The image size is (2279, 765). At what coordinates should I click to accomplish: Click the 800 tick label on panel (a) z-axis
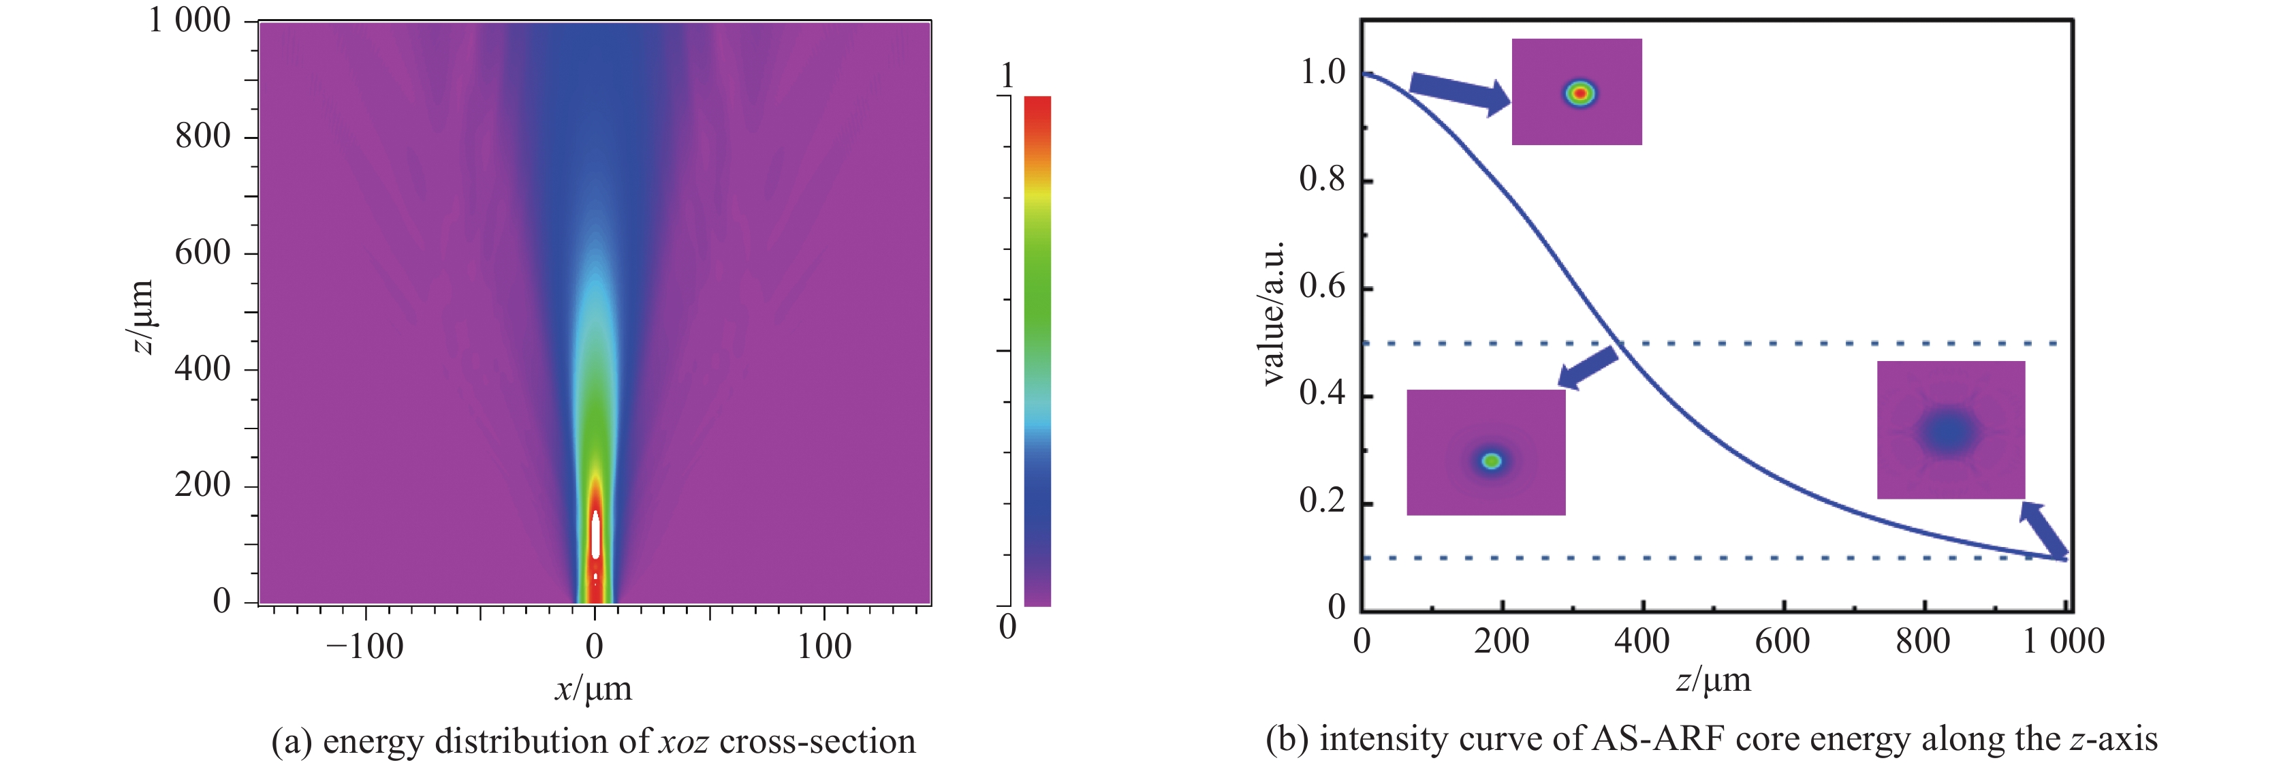(202, 136)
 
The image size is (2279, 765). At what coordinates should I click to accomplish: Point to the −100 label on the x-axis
(364, 646)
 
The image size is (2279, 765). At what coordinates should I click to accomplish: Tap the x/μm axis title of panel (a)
(593, 689)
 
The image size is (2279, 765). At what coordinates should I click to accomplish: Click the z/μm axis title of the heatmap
(142, 315)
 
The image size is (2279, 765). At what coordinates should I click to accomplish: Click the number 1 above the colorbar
(1007, 76)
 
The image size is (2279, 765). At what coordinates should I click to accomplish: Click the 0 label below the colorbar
(1007, 627)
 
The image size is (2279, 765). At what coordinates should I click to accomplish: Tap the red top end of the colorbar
(1037, 110)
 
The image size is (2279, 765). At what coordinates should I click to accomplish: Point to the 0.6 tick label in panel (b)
(1322, 287)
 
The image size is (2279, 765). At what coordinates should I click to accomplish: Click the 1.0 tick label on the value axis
(1322, 72)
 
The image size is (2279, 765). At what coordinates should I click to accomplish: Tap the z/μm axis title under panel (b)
(1713, 680)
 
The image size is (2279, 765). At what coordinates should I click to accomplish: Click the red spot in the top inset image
(1579, 92)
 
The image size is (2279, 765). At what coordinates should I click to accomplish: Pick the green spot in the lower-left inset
(1492, 460)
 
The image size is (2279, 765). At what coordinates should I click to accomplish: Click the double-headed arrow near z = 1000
(2043, 531)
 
